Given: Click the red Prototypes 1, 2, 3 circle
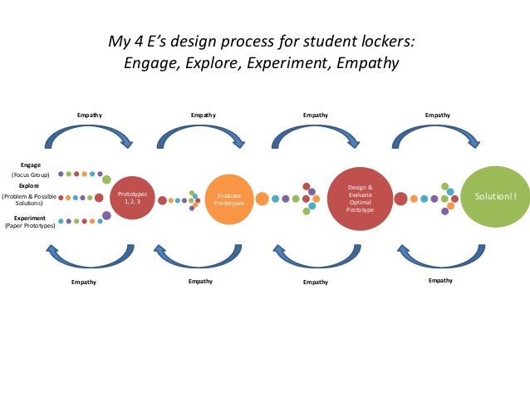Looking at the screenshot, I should (133, 198).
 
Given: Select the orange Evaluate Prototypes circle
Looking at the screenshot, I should (228, 199).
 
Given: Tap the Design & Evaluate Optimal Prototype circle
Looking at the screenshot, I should (361, 199).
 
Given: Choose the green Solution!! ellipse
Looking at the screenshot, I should (495, 197).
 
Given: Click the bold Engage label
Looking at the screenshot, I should (31, 165).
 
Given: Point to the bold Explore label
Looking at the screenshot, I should (30, 186).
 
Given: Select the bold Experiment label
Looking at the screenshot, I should (30, 218).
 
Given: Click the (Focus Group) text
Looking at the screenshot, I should (31, 175).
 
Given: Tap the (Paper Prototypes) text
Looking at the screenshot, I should (30, 226).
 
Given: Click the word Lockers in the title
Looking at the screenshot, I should (390, 42).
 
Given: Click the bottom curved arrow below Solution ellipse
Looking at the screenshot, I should (439, 258).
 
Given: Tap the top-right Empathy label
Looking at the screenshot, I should (438, 114).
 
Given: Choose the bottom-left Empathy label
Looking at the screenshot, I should (83, 282).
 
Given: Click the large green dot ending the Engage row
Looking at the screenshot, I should (106, 179).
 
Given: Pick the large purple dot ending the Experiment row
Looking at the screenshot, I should (106, 216).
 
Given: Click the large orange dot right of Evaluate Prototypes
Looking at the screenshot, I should (262, 199).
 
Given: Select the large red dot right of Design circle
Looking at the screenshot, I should (400, 199).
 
